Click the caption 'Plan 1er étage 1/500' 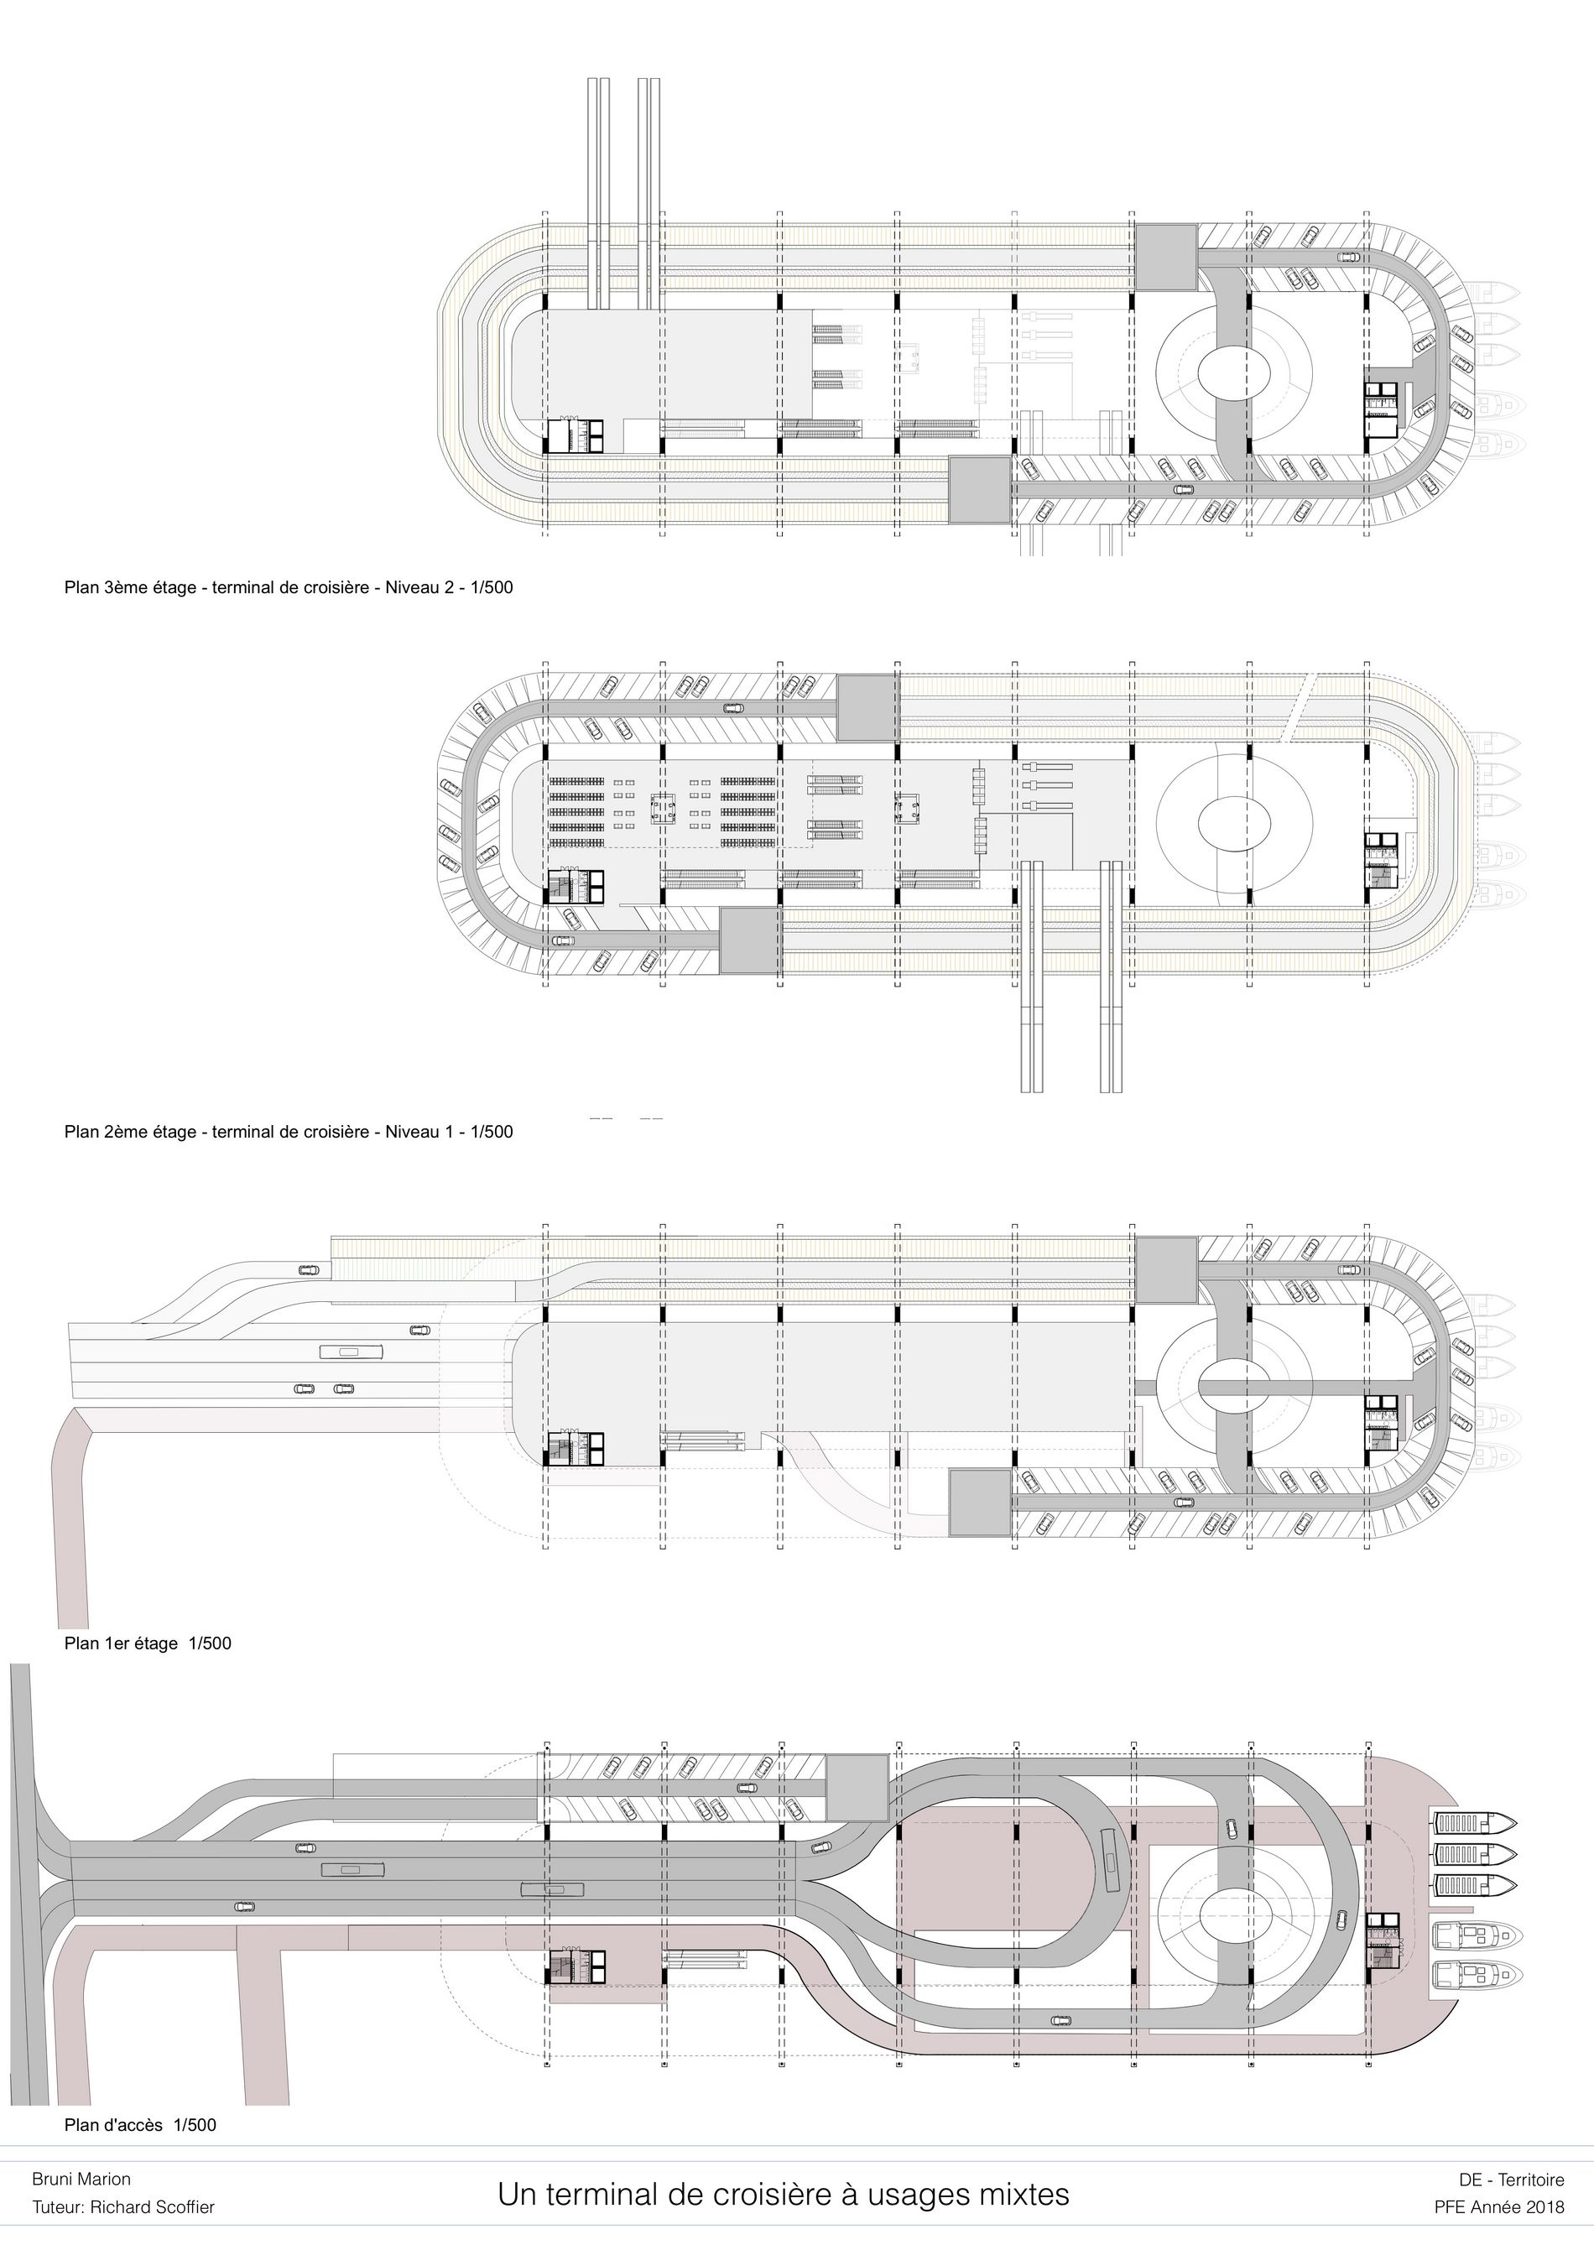[x=148, y=1643]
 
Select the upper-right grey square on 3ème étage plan [x=1166, y=258]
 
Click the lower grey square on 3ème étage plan [x=981, y=489]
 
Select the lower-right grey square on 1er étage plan [x=981, y=1502]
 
